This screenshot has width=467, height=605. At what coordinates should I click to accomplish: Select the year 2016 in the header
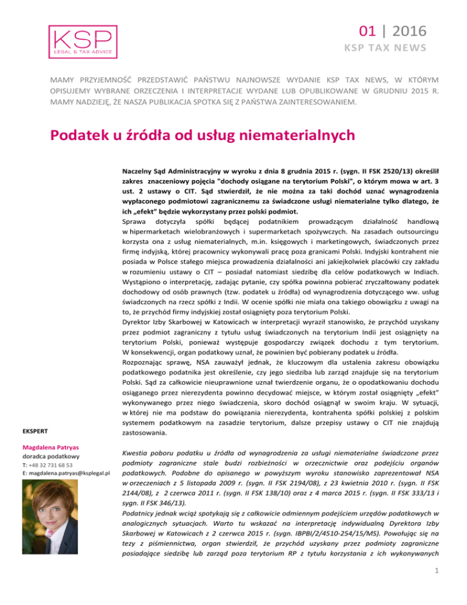407,30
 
